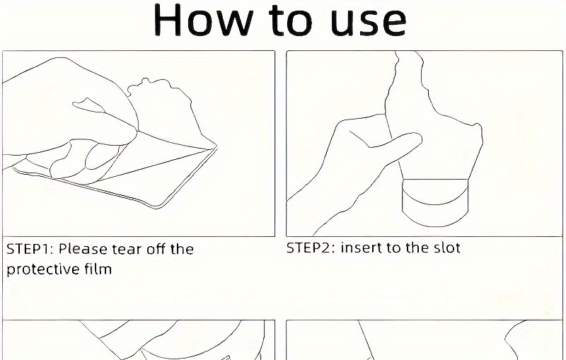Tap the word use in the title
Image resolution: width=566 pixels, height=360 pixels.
click(x=368, y=23)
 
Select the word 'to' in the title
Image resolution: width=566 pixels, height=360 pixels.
click(x=291, y=21)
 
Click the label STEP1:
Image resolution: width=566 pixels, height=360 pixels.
click(x=30, y=249)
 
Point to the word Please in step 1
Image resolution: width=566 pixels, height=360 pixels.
click(x=83, y=249)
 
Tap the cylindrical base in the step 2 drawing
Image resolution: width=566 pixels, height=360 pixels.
click(x=435, y=203)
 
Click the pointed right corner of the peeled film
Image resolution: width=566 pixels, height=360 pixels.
click(x=216, y=146)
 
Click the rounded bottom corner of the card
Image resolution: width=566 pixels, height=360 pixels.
click(x=158, y=207)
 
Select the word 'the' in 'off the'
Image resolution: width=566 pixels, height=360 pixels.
click(x=182, y=249)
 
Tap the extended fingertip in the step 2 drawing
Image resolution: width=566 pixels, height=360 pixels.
click(x=417, y=138)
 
